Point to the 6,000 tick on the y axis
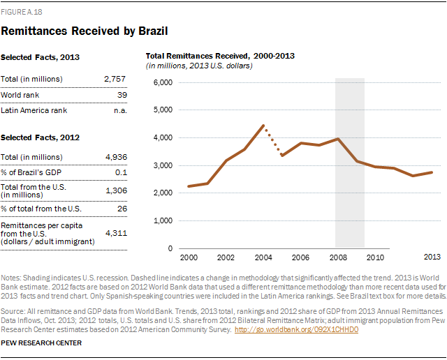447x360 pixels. point(161,82)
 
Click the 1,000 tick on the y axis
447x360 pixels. point(161,220)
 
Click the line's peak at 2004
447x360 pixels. point(263,126)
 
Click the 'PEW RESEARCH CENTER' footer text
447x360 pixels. point(42,343)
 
